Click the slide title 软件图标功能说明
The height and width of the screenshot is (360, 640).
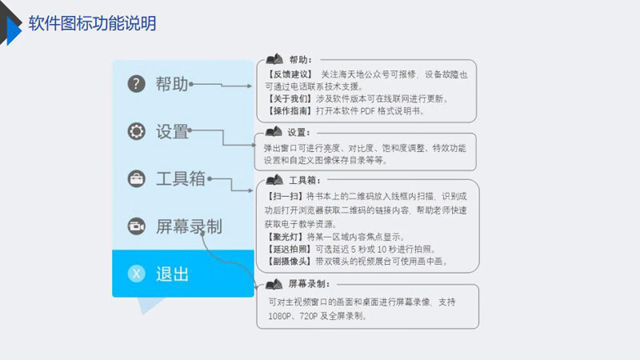92,23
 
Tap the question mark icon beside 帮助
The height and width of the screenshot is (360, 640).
136,84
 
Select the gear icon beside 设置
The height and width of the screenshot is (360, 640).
136,131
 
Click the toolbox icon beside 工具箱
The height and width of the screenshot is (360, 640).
136,178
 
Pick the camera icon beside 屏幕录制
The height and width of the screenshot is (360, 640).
136,226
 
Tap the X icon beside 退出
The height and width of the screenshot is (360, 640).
136,274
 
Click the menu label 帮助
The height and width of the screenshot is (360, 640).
172,84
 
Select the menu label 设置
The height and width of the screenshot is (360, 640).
172,131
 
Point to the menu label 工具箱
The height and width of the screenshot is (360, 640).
181,178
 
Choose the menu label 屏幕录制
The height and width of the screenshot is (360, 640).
189,226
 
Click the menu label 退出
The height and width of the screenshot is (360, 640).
172,274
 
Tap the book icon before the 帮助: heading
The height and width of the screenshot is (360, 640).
274,59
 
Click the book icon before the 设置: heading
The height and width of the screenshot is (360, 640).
274,132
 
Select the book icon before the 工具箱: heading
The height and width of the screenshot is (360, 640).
274,179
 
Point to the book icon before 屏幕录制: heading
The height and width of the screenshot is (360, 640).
274,284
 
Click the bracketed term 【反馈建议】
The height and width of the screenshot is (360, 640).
290,74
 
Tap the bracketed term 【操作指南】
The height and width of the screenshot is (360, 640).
290,110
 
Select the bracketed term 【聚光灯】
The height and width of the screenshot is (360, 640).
286,237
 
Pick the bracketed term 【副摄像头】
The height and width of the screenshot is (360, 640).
290,262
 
